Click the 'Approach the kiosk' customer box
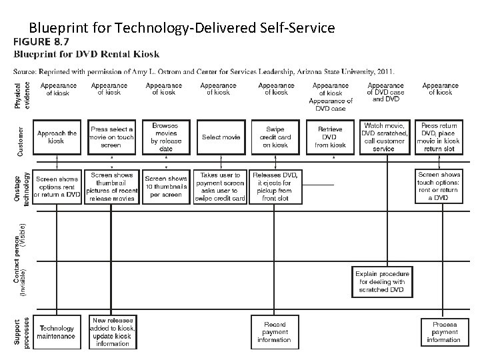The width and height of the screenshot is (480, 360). coord(57,137)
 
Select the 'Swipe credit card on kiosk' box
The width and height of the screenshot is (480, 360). coord(276,137)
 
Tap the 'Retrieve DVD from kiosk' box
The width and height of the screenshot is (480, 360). coord(330,137)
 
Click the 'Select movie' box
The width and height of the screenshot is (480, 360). coord(221,137)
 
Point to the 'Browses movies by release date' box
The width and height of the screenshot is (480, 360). coord(165,137)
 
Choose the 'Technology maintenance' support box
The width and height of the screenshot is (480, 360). coord(57,332)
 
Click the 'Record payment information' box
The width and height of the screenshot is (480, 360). coord(275,332)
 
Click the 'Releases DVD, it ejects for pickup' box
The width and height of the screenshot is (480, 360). coord(276,187)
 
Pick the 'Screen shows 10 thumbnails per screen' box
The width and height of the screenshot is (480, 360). coord(166,187)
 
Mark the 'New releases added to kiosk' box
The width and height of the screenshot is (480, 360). coord(112,331)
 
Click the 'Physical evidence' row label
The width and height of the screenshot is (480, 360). coord(20,95)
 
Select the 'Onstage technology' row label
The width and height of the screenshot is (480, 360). coord(20,189)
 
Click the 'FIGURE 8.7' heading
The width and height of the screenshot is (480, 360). coord(41,41)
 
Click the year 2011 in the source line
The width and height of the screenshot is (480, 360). coord(385,70)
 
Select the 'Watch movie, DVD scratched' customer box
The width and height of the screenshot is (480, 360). coord(385,137)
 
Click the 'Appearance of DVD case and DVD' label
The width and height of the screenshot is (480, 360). coord(385,93)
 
